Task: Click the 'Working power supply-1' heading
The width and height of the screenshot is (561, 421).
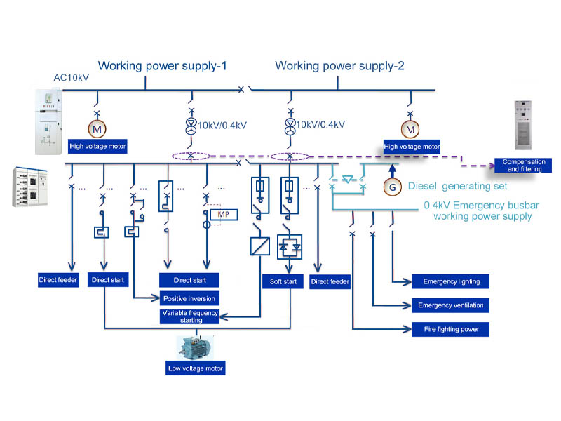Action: pyautogui.click(x=165, y=67)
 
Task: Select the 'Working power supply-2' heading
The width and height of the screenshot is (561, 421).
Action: pyautogui.click(x=339, y=67)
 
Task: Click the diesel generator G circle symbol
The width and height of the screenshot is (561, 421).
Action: pyautogui.click(x=393, y=187)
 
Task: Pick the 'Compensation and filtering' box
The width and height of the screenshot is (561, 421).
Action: pyautogui.click(x=522, y=166)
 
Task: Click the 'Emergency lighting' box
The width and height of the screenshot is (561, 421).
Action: pyautogui.click(x=451, y=282)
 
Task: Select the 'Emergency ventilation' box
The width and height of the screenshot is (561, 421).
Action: pyautogui.click(x=451, y=305)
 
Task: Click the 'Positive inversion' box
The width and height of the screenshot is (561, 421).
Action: pyautogui.click(x=189, y=298)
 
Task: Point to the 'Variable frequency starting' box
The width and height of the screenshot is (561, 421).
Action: pyautogui.click(x=190, y=316)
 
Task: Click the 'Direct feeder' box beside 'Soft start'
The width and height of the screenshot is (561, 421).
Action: pyautogui.click(x=330, y=282)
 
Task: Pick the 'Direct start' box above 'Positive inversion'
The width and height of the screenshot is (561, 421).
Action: pyautogui.click(x=189, y=280)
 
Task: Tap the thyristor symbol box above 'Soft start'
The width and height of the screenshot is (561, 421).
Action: pyautogui.click(x=290, y=246)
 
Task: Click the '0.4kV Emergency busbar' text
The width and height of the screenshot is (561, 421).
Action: pyautogui.click(x=477, y=206)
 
